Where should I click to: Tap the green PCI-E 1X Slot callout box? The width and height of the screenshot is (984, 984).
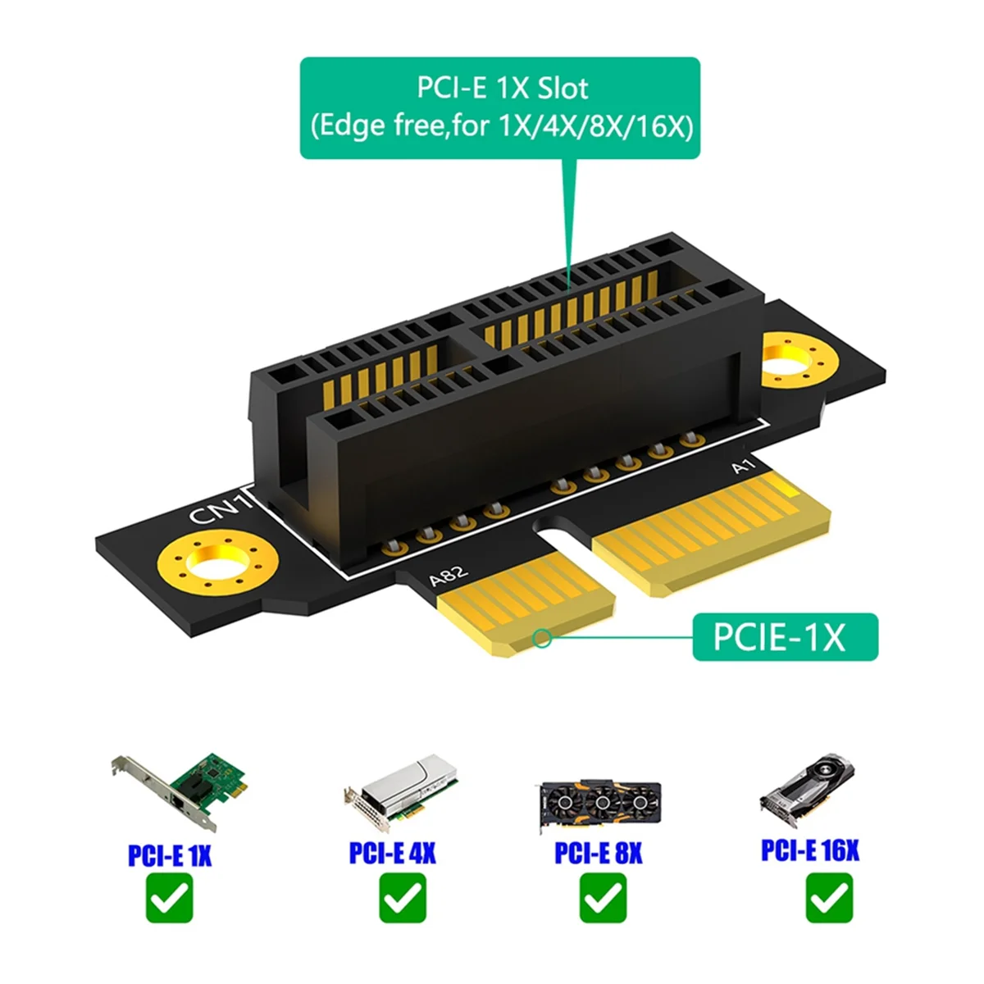tap(500, 107)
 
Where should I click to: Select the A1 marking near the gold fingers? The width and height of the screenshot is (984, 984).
tap(743, 467)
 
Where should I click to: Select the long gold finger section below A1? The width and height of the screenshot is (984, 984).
tap(709, 532)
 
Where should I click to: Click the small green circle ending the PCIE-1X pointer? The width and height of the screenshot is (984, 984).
tap(541, 637)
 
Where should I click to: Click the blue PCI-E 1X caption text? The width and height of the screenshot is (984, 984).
tap(170, 855)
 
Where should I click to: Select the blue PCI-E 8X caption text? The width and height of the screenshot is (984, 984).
tap(598, 853)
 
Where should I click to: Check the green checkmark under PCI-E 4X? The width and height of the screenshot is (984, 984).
tap(403, 898)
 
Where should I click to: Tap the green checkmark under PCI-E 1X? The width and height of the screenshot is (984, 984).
tap(170, 898)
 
